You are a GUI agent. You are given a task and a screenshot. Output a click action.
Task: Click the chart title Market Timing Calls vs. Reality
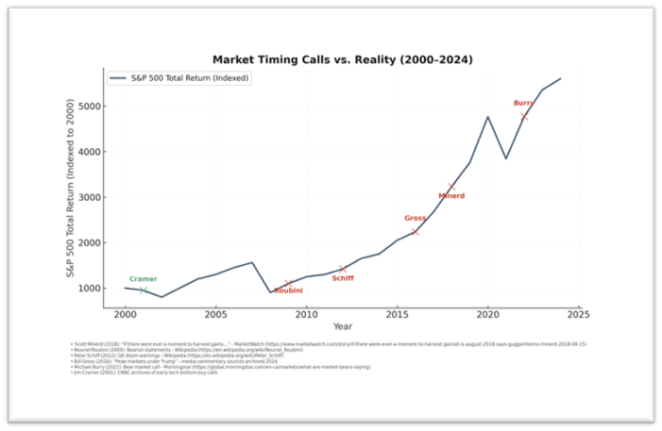tap(343, 59)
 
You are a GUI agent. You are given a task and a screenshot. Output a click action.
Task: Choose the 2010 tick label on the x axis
tap(305, 311)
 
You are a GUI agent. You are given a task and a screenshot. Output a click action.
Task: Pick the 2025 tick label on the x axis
tap(577, 311)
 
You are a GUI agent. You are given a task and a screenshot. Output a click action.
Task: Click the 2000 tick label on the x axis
tap(124, 311)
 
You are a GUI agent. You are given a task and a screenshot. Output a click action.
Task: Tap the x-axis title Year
tap(343, 325)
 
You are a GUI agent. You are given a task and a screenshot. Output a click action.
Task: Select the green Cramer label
tap(143, 279)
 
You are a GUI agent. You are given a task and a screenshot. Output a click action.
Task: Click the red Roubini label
tap(288, 290)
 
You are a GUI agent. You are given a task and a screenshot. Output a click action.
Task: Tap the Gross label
tap(415, 218)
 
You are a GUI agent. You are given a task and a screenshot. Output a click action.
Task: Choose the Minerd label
tap(451, 196)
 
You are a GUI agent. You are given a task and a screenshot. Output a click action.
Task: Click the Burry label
tap(523, 103)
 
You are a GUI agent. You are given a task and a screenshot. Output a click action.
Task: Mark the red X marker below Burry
tap(524, 116)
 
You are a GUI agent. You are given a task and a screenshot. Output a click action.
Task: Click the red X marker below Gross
tap(415, 231)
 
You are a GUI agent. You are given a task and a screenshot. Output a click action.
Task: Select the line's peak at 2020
tap(487, 117)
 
